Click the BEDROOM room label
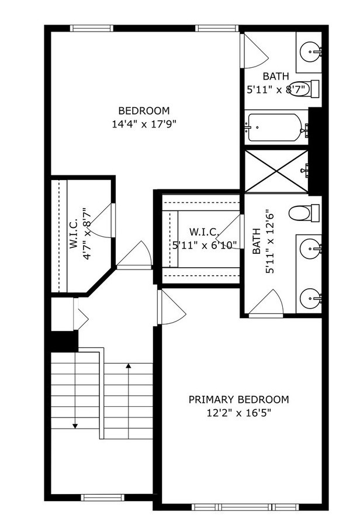pos(144,110)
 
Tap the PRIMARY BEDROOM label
pos(238,400)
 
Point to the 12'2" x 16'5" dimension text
pos(238,413)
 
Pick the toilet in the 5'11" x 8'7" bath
pos(304,88)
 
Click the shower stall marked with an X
pos(276,170)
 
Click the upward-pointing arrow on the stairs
pos(129,366)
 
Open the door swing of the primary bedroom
pos(171,308)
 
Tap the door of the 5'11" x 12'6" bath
pos(267,305)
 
